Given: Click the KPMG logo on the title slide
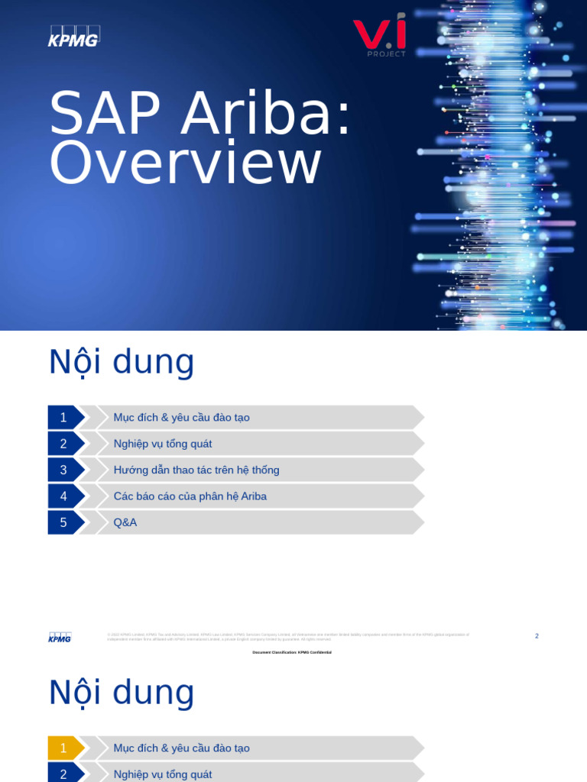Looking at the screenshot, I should (x=74, y=37).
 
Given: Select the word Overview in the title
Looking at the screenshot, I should (x=185, y=163).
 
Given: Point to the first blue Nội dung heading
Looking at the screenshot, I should (x=122, y=362).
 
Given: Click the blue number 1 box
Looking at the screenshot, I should (x=63, y=418).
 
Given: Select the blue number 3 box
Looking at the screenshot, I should (x=63, y=470).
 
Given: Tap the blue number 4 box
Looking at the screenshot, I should (x=63, y=496).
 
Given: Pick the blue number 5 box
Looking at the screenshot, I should (x=63, y=522).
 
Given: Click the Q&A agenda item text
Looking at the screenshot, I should (x=125, y=522).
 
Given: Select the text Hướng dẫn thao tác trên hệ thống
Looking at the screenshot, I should (x=196, y=470).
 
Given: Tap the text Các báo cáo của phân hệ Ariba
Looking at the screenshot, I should (x=190, y=496).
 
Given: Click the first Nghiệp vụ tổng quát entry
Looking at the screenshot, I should (x=163, y=444).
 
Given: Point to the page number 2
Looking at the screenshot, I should (x=537, y=636).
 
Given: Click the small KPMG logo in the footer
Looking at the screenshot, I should (x=60, y=638).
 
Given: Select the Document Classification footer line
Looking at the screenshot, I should (x=292, y=652).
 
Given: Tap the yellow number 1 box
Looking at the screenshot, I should (x=63, y=748).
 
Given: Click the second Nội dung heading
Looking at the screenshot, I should (x=122, y=693).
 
